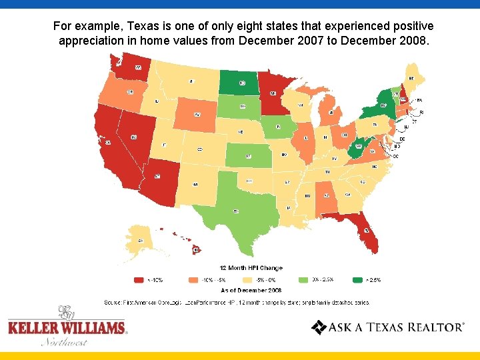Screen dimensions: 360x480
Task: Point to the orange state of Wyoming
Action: [196, 115]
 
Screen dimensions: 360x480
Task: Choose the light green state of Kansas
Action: [247, 156]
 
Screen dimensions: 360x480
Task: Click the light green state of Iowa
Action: [279, 126]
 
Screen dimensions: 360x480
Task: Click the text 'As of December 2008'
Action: [251, 291]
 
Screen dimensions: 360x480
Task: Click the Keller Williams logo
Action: [67, 326]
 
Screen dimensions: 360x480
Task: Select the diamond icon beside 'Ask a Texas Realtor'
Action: [319, 327]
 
